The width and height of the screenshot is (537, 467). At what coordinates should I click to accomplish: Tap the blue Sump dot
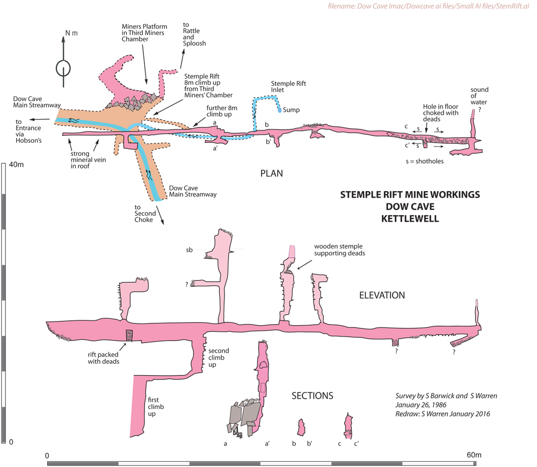click(x=280, y=110)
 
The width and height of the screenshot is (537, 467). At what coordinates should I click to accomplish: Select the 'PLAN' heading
click(x=271, y=173)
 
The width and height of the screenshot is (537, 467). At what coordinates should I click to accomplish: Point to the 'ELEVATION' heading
click(x=382, y=295)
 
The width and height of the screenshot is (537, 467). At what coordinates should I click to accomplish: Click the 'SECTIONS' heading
click(x=312, y=396)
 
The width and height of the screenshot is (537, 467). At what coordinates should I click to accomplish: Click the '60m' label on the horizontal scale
click(x=474, y=455)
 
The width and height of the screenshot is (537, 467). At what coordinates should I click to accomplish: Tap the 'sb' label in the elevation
click(x=189, y=250)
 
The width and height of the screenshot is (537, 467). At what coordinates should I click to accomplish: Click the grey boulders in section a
click(x=244, y=416)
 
